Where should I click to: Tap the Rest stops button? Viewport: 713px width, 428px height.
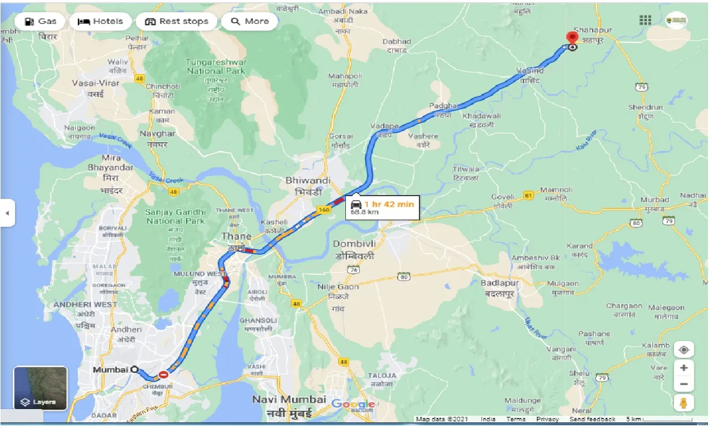click(x=177, y=22)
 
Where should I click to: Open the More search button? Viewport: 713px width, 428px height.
click(x=250, y=22)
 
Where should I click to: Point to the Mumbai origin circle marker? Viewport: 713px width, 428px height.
click(x=134, y=369)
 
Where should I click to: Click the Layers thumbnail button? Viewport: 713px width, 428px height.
click(x=41, y=388)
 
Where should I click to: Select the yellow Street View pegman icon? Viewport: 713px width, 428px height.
click(x=683, y=402)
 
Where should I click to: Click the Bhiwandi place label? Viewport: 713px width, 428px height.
click(x=308, y=181)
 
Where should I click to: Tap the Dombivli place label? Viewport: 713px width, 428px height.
click(x=354, y=244)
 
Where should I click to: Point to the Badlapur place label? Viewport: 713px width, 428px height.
click(x=500, y=283)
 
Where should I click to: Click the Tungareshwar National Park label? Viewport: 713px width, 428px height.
click(x=217, y=66)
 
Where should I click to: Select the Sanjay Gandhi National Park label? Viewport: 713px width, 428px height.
click(x=175, y=216)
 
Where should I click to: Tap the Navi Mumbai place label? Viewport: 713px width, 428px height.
click(x=289, y=400)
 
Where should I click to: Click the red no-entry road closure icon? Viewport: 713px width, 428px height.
click(x=163, y=375)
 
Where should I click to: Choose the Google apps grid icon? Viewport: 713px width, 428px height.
click(x=645, y=21)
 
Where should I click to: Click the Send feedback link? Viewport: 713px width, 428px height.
click(x=592, y=419)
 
